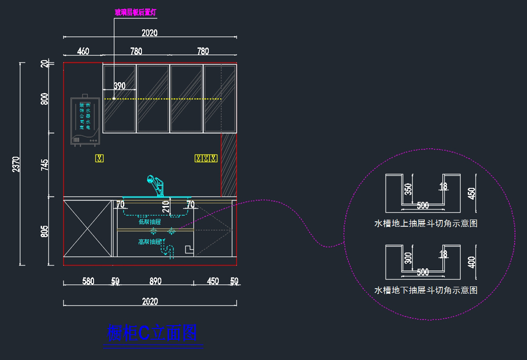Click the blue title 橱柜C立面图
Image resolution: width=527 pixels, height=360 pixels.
[152, 333]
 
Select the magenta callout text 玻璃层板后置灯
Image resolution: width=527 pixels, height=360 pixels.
[135, 12]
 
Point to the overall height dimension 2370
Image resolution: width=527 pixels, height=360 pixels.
[16, 164]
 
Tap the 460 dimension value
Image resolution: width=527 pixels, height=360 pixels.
[83, 51]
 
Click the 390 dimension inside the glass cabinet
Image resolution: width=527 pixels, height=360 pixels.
[119, 86]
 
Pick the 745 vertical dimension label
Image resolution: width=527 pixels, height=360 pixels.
[45, 165]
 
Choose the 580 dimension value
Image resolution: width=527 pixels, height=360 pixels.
[88, 281]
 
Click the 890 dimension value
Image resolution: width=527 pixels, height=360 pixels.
[155, 281]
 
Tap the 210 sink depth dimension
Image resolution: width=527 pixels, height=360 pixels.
[166, 206]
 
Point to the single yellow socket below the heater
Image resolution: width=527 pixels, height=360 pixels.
[100, 158]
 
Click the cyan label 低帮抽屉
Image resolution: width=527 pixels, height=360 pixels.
[150, 222]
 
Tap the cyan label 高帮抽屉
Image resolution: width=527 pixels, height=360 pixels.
[150, 241]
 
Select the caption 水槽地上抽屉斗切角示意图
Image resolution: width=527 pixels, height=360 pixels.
[426, 223]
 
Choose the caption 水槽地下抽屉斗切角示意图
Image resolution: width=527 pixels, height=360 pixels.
[426, 290]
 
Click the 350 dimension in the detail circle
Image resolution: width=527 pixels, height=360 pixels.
[408, 189]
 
